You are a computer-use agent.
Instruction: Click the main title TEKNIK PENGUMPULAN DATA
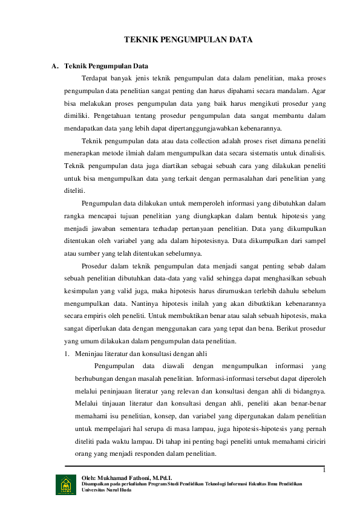click(188, 39)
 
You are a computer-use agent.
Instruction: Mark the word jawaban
click(108, 229)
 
